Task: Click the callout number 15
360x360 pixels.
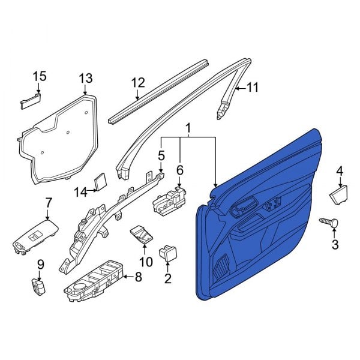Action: [39, 76]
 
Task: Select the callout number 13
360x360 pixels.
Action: [86, 78]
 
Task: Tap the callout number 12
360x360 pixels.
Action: [138, 83]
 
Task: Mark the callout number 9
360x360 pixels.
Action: [41, 264]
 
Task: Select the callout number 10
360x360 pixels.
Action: [146, 262]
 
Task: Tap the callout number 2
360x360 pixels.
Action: [167, 278]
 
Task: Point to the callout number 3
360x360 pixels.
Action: [335, 244]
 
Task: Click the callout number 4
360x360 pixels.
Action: [340, 172]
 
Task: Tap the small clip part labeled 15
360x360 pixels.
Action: [31, 99]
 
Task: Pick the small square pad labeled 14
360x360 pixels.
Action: [100, 181]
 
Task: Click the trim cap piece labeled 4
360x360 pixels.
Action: [340, 193]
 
